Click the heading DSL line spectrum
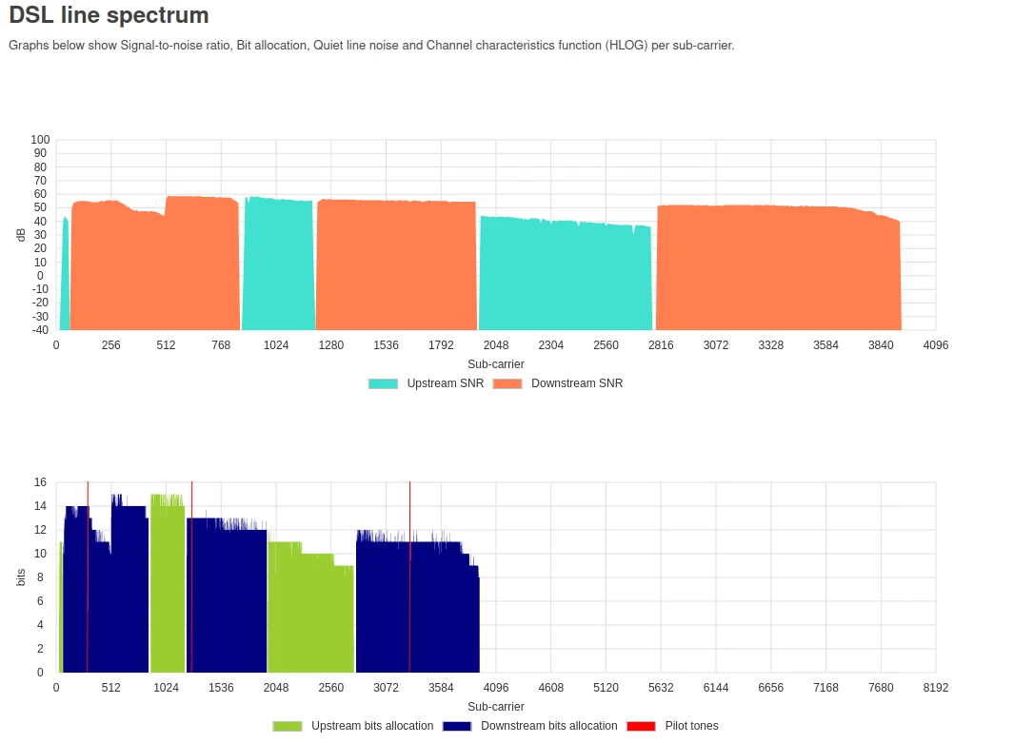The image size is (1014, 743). (109, 16)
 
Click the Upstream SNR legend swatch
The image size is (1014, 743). (383, 383)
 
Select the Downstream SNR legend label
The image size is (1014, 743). (577, 383)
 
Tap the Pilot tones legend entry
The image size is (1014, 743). (691, 726)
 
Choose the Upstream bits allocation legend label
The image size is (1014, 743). (372, 726)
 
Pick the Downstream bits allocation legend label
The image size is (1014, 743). (548, 726)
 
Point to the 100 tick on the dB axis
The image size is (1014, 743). (40, 140)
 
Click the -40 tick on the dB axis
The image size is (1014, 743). (40, 330)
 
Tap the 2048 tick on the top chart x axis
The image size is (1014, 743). (496, 344)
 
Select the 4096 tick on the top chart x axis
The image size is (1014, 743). (936, 344)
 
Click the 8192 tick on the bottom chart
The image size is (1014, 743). (936, 687)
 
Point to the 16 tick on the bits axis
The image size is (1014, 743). (40, 482)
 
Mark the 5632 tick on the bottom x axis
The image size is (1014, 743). (661, 687)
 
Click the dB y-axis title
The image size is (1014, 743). (21, 235)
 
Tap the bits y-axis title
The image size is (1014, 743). (21, 577)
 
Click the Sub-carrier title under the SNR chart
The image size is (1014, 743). (496, 363)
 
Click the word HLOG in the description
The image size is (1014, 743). (625, 45)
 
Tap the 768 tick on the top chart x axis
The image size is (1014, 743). (221, 344)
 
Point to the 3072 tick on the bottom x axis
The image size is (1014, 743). (386, 687)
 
